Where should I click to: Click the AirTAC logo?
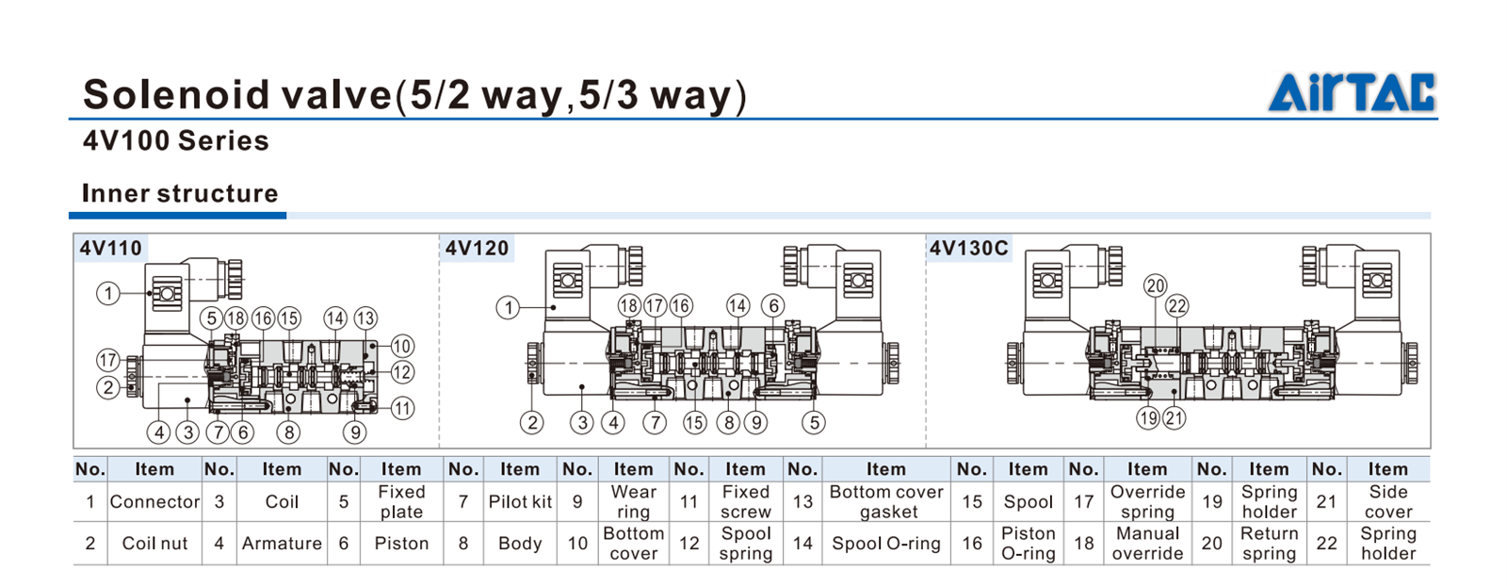(1352, 92)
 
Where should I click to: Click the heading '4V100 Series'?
(175, 141)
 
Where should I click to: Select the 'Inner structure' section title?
(179, 193)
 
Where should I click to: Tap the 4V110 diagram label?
(110, 248)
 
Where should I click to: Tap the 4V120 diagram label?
(477, 248)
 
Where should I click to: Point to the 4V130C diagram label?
(968, 248)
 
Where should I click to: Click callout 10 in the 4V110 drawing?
(402, 346)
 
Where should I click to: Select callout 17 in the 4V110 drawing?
(108, 360)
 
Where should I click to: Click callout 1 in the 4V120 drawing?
(509, 308)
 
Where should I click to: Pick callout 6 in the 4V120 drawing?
(773, 305)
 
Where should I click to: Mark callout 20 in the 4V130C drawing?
(1155, 286)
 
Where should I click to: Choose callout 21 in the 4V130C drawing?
(1174, 418)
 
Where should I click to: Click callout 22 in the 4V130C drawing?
(1177, 306)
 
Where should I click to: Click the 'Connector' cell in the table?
(154, 502)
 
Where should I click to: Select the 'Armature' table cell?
(281, 544)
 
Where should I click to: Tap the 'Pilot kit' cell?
(519, 502)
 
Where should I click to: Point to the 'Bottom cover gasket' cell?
(886, 502)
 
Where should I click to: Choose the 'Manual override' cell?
(1147, 544)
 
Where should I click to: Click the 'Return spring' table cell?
(1269, 544)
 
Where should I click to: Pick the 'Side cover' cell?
(1387, 502)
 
